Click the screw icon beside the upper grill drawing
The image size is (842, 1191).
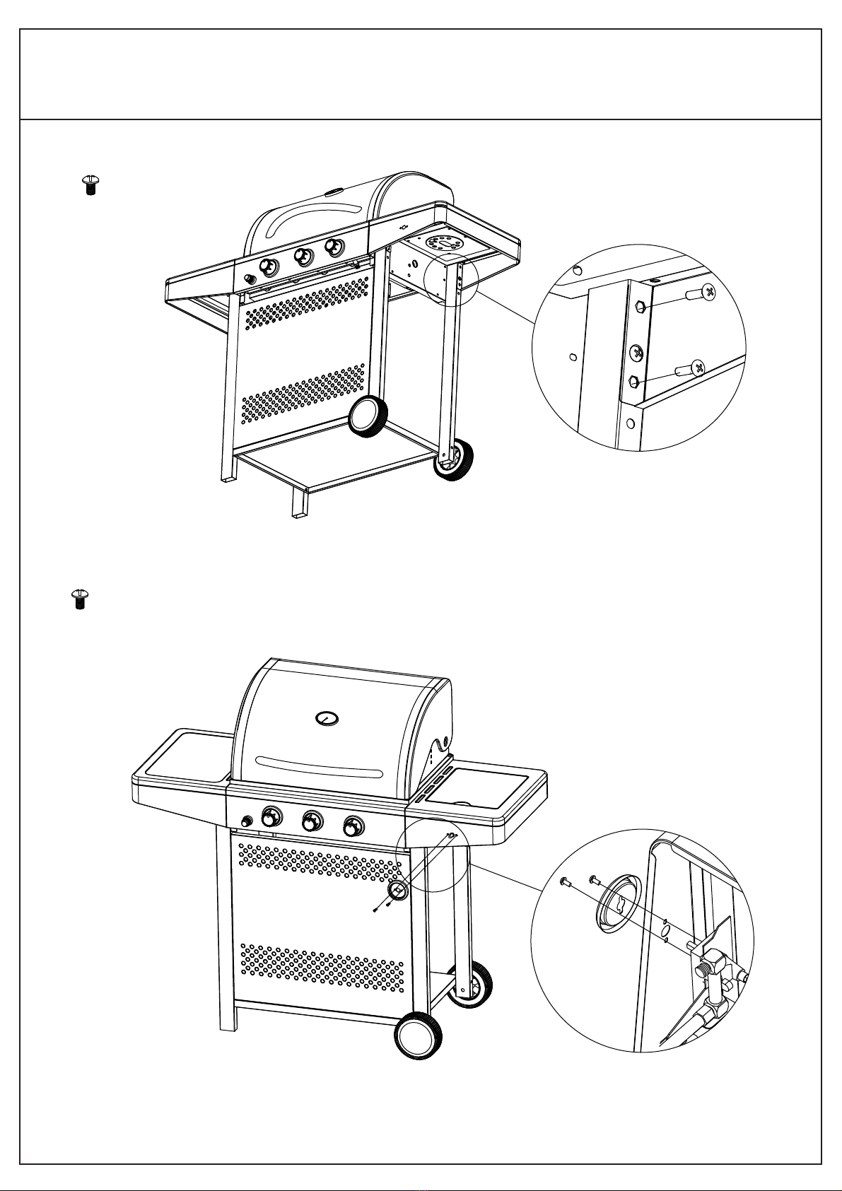click(x=90, y=185)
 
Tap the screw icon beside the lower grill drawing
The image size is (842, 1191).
click(x=80, y=599)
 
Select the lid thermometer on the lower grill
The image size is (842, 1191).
click(x=327, y=719)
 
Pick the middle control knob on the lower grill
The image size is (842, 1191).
click(x=312, y=821)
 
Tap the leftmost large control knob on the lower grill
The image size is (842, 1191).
click(x=271, y=818)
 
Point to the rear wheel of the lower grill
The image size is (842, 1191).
click(x=472, y=984)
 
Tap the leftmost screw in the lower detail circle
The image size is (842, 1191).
click(x=564, y=881)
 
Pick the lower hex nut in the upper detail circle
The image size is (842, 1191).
click(x=635, y=382)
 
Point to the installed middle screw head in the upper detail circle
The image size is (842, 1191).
click(x=637, y=351)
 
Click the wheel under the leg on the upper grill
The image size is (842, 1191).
click(x=452, y=459)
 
